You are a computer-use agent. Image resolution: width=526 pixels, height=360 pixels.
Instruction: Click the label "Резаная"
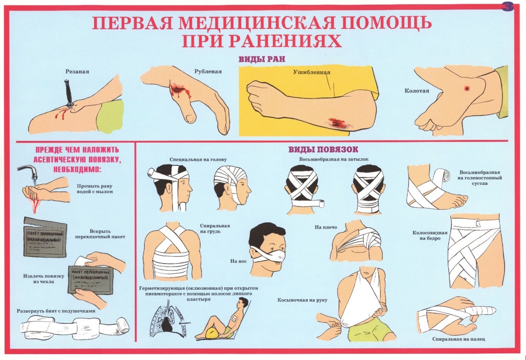77,72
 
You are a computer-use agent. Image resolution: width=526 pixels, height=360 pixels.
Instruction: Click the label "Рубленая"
208,72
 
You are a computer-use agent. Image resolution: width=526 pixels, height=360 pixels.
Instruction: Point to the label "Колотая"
417,91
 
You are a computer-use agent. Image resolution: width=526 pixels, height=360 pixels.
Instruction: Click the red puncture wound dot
467,88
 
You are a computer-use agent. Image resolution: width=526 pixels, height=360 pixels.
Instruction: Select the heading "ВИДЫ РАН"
262,59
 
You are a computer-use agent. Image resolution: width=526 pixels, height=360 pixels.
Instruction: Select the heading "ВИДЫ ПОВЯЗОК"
323,149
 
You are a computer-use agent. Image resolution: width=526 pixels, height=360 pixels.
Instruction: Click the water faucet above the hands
29,171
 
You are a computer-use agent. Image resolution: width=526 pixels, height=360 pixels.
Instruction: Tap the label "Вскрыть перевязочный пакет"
100,234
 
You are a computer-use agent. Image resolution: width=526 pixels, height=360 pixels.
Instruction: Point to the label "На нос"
238,261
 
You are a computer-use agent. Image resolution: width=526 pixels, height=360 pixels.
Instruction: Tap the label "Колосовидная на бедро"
430,235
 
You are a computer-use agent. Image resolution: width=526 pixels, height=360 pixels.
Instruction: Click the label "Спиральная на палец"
459,339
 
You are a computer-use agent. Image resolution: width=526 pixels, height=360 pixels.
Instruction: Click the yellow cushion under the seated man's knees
212,332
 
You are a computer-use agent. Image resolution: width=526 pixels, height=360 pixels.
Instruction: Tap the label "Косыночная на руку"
302,300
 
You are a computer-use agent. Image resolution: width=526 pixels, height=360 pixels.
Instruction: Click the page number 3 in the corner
508,7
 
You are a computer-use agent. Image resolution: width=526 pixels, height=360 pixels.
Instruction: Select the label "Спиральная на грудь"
215,228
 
